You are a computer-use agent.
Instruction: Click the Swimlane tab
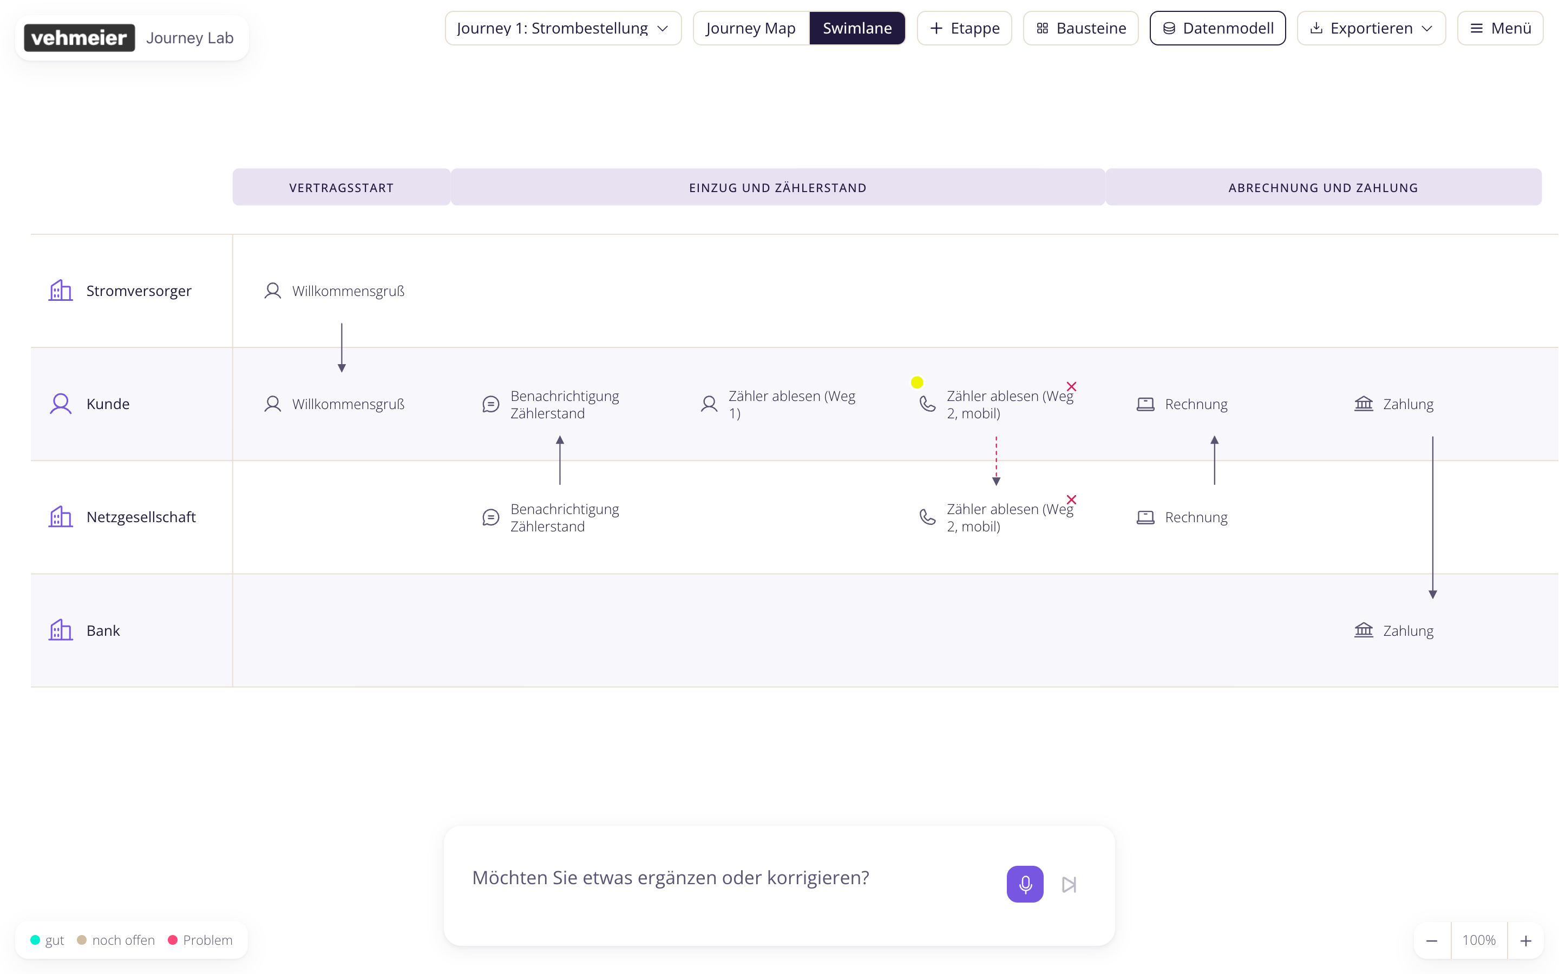click(857, 28)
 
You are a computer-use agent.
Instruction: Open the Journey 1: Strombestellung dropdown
click(563, 28)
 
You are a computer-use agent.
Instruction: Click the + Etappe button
click(965, 28)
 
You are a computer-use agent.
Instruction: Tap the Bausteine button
click(1081, 28)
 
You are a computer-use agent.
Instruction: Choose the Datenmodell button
click(1217, 28)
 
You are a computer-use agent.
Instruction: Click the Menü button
click(1501, 28)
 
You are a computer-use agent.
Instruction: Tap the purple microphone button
click(1025, 884)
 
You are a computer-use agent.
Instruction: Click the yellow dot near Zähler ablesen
click(916, 383)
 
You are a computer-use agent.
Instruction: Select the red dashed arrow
click(996, 460)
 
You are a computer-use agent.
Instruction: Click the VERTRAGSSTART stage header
click(342, 187)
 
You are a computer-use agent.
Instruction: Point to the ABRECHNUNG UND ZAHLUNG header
click(1323, 187)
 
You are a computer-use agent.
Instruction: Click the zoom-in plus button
click(1525, 940)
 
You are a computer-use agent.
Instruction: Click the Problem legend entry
click(200, 940)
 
